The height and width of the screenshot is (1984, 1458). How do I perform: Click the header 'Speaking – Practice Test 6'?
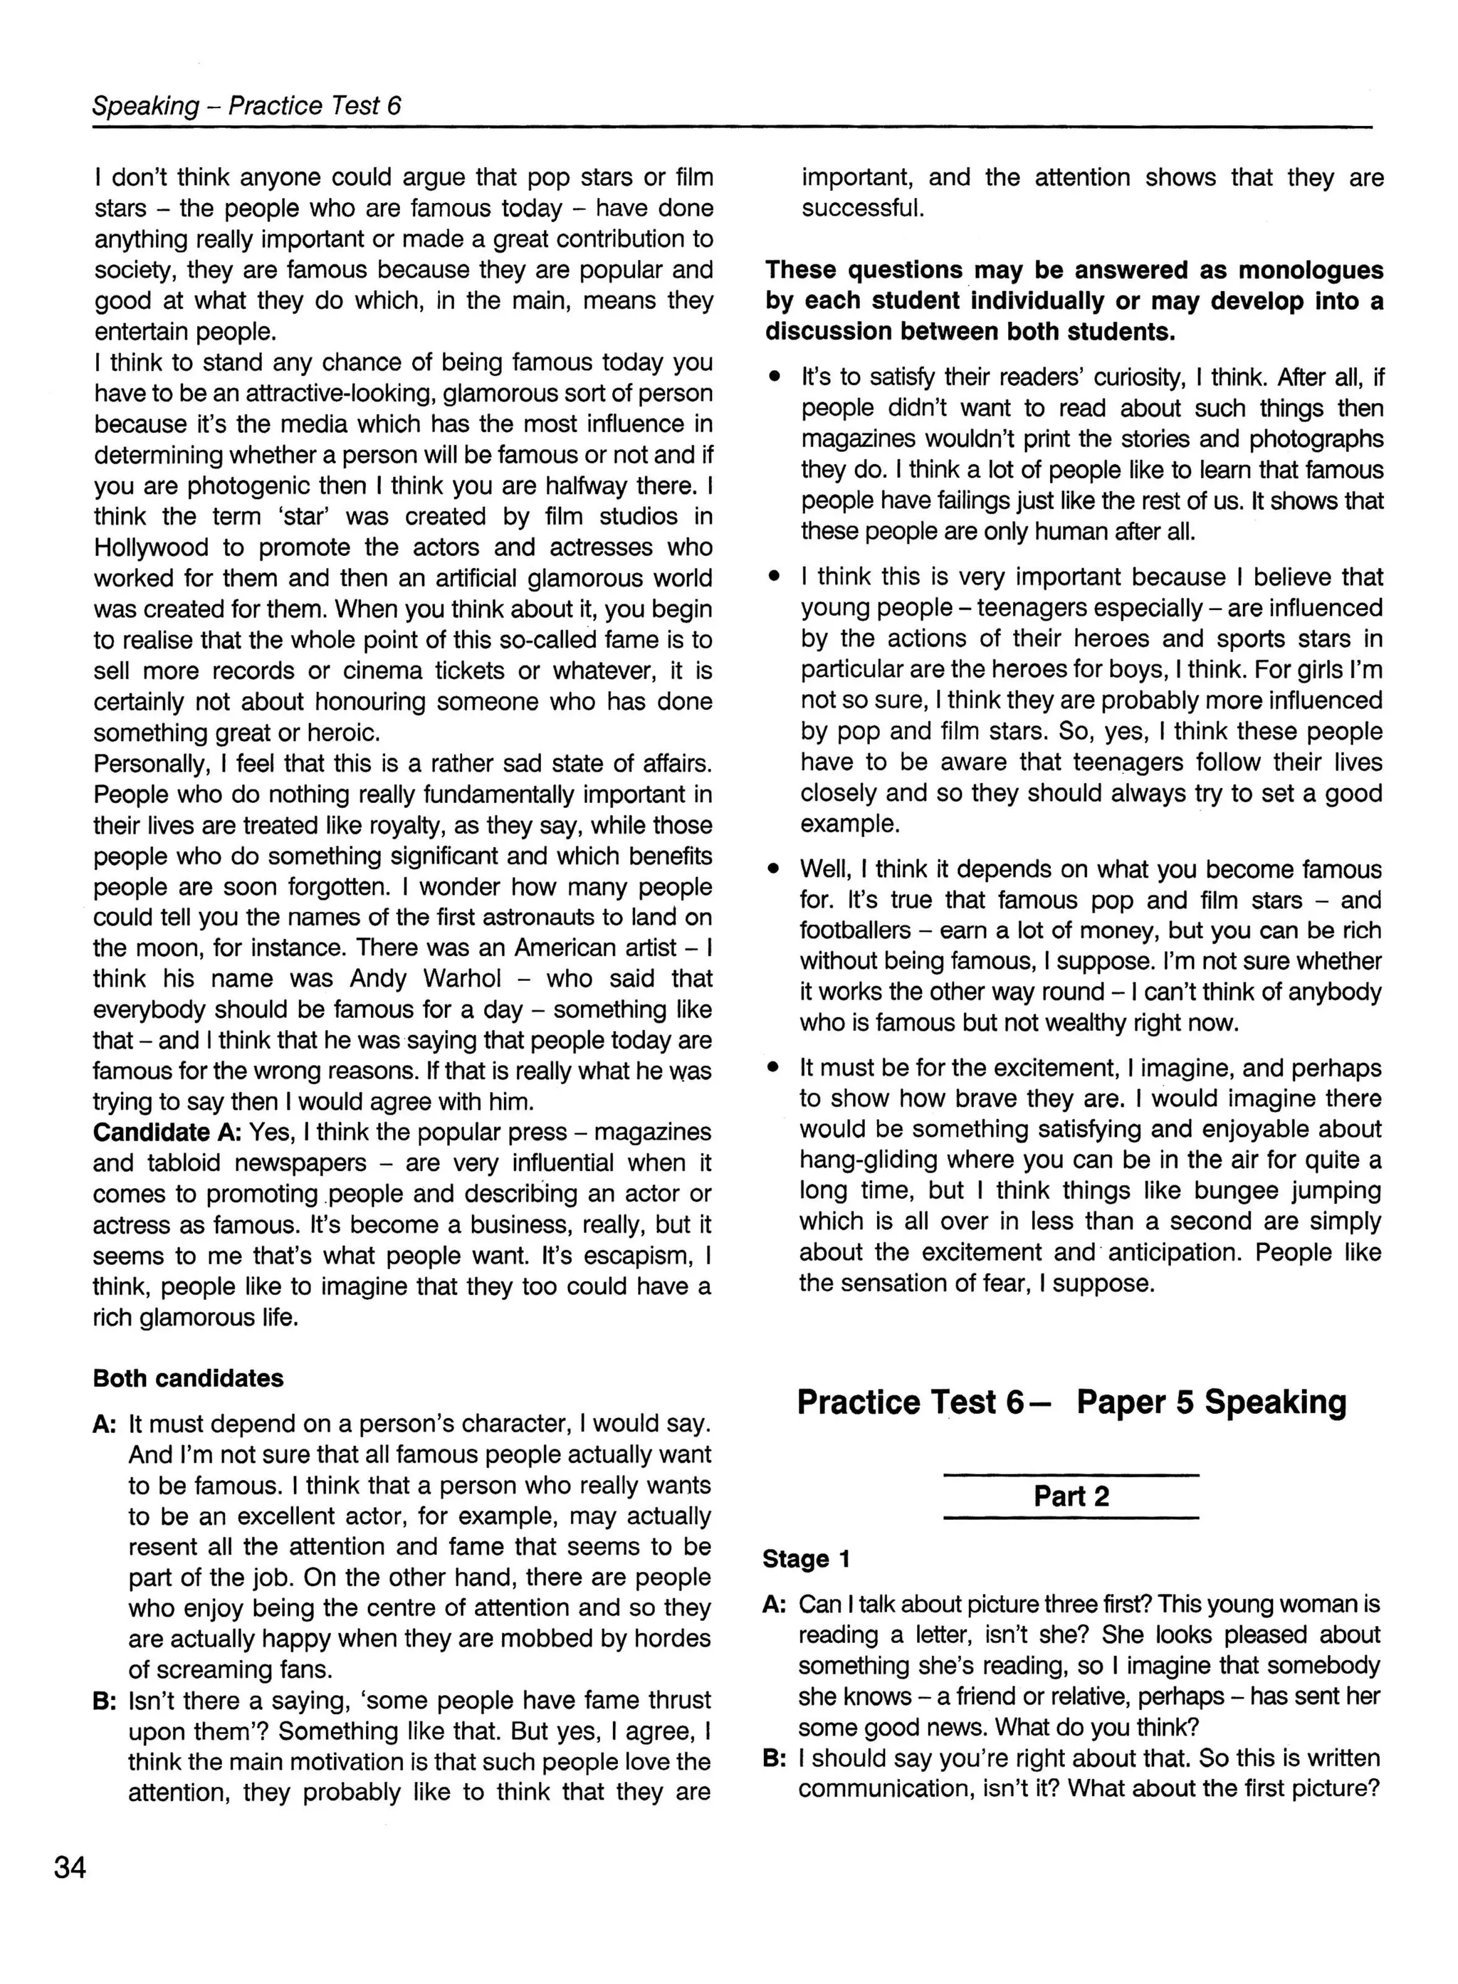pyautogui.click(x=246, y=106)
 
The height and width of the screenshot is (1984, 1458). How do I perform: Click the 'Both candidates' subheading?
pyautogui.click(x=188, y=1379)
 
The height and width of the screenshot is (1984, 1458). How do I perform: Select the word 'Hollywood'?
pyautogui.click(x=151, y=547)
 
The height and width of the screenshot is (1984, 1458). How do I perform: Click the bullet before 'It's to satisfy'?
pyautogui.click(x=774, y=378)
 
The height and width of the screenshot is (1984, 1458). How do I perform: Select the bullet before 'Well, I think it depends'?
pyautogui.click(x=774, y=869)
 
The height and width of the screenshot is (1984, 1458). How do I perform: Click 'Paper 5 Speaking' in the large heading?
pyautogui.click(x=1211, y=1402)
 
